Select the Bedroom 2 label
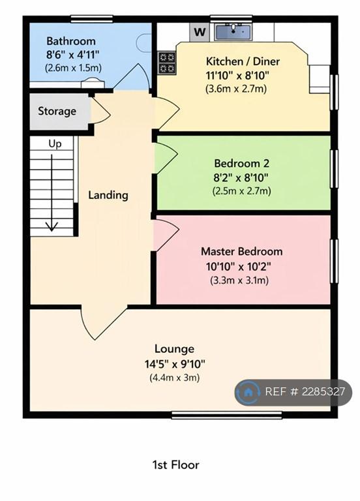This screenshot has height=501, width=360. (241, 164)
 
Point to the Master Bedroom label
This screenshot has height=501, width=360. (241, 252)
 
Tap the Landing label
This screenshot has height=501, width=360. (108, 195)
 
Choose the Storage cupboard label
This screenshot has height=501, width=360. (57, 112)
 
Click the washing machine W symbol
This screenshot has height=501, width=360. (199, 31)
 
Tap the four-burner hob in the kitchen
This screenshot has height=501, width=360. (167, 62)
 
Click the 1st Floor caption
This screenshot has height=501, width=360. (175, 465)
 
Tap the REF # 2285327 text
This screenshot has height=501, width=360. (305, 392)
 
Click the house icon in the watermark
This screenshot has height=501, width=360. (248, 392)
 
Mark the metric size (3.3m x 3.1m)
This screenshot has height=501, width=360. (239, 281)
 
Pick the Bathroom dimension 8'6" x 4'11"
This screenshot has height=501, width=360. (70, 54)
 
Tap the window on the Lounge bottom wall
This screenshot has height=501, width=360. (226, 414)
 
